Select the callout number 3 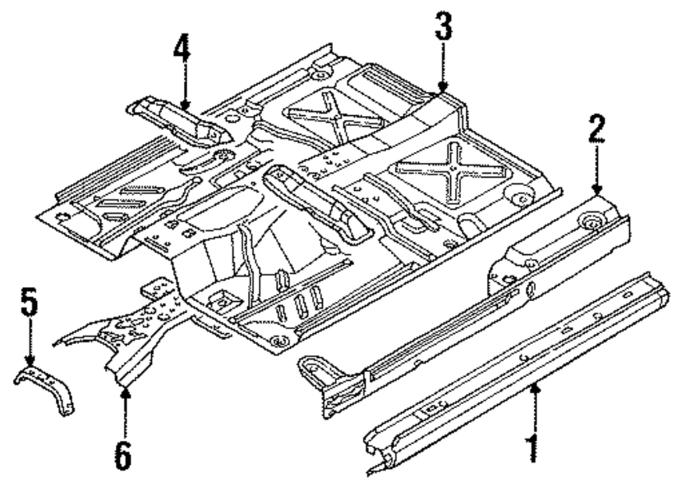pos(443,29)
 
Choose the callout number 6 pos(123,453)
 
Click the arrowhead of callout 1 pos(535,387)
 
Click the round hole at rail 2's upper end pos(590,221)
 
